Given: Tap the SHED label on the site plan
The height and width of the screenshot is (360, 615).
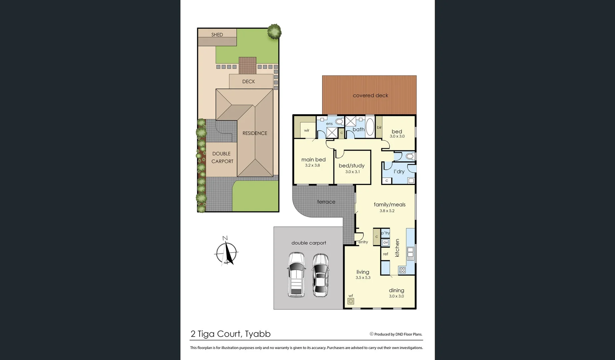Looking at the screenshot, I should click(217, 35).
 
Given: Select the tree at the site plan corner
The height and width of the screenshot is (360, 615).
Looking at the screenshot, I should click(274, 31).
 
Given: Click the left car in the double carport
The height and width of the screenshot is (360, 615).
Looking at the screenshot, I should click(296, 275).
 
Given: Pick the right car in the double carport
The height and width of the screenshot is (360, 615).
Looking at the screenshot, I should click(320, 275).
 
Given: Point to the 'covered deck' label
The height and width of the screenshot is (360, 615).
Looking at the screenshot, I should click(370, 96).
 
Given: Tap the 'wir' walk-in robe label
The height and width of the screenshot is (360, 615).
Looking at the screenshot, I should click(307, 130).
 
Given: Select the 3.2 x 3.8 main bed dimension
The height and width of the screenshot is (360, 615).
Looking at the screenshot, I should click(312, 165).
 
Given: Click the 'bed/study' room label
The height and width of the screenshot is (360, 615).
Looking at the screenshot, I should click(351, 166).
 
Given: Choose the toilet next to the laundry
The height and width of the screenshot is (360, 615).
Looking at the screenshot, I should click(410, 156).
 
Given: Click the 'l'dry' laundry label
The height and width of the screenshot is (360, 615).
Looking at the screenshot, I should click(399, 172).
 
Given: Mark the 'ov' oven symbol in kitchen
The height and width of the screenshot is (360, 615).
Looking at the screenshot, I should click(385, 242).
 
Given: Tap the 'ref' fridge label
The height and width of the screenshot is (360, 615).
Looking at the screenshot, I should click(385, 254).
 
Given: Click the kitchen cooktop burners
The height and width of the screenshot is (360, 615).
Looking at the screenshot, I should click(402, 270).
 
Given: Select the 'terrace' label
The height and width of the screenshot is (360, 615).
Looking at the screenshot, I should click(326, 202).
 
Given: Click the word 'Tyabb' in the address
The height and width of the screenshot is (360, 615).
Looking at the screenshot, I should click(258, 334).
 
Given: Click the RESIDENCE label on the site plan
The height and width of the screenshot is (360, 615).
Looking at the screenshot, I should click(255, 133).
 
